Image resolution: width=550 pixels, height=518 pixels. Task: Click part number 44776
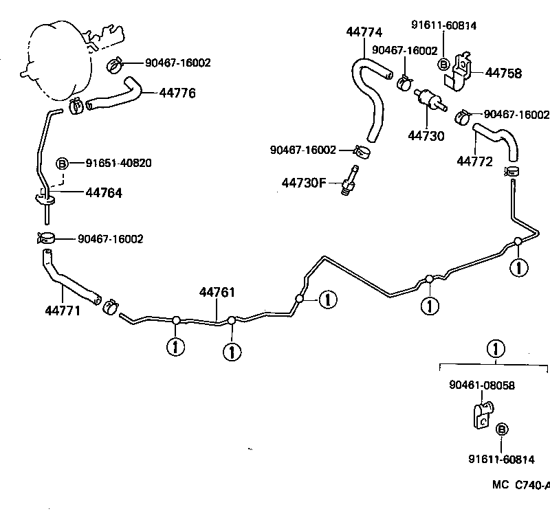click(x=177, y=93)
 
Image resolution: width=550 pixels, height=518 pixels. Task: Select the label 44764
click(x=104, y=193)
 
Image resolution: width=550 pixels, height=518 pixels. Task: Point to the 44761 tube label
click(x=217, y=293)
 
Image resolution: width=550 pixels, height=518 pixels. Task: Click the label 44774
click(x=364, y=32)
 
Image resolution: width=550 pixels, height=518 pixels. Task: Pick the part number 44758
click(x=504, y=73)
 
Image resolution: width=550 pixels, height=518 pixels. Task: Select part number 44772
click(x=474, y=161)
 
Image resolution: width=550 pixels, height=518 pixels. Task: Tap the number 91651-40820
click(x=119, y=163)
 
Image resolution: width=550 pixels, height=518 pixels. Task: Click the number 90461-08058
click(x=482, y=386)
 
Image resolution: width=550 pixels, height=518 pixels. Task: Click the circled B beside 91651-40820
click(x=62, y=164)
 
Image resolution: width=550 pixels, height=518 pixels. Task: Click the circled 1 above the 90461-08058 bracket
click(x=494, y=349)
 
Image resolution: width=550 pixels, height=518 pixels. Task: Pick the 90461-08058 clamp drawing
click(x=483, y=416)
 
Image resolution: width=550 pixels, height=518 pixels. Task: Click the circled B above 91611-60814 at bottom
click(x=503, y=429)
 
